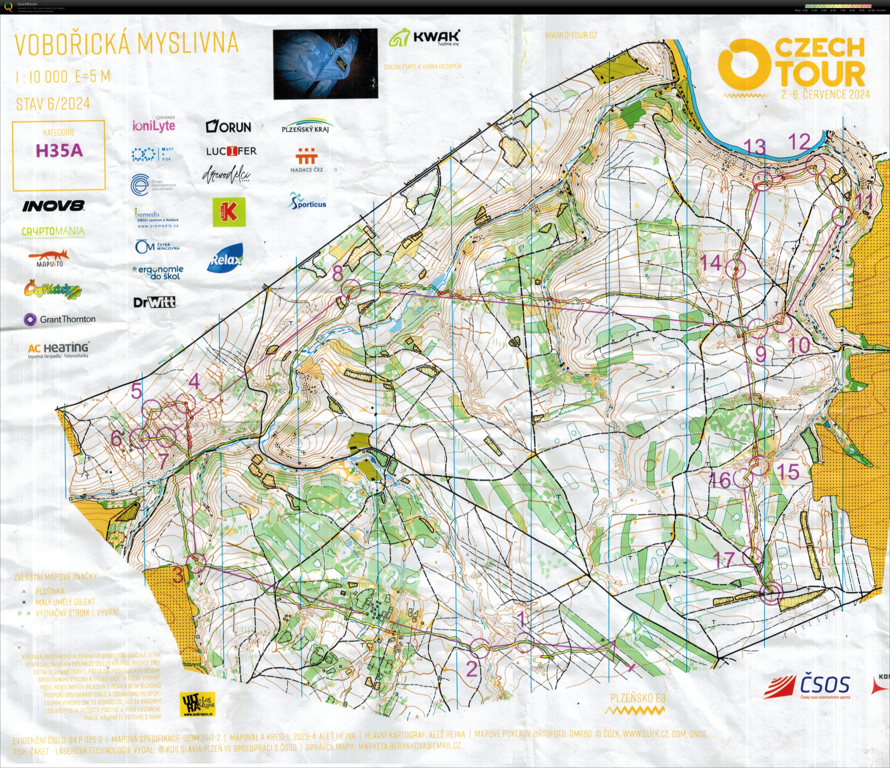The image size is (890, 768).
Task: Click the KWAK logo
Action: pyautogui.click(x=424, y=38)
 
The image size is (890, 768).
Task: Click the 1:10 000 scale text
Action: pyautogui.click(x=41, y=77)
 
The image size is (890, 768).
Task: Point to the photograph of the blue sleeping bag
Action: pyautogui.click(x=325, y=64)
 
